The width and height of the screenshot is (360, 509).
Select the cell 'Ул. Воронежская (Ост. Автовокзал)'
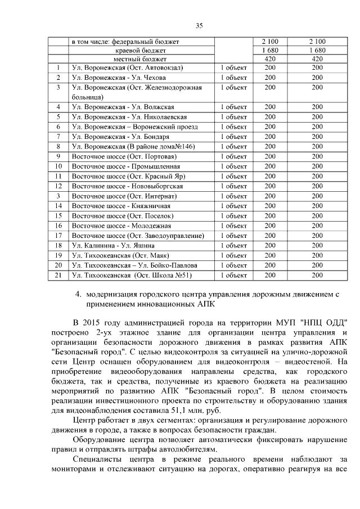(x=127, y=68)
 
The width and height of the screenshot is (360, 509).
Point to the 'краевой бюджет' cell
(x=141, y=50)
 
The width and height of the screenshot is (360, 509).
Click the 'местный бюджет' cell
(x=141, y=59)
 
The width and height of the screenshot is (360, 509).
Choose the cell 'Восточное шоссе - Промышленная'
(x=126, y=166)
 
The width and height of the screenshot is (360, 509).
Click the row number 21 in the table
(x=57, y=276)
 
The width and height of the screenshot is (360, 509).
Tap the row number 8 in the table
(x=57, y=147)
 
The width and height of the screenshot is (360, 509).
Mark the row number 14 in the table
(x=57, y=206)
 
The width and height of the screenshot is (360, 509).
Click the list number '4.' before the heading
(x=79, y=294)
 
